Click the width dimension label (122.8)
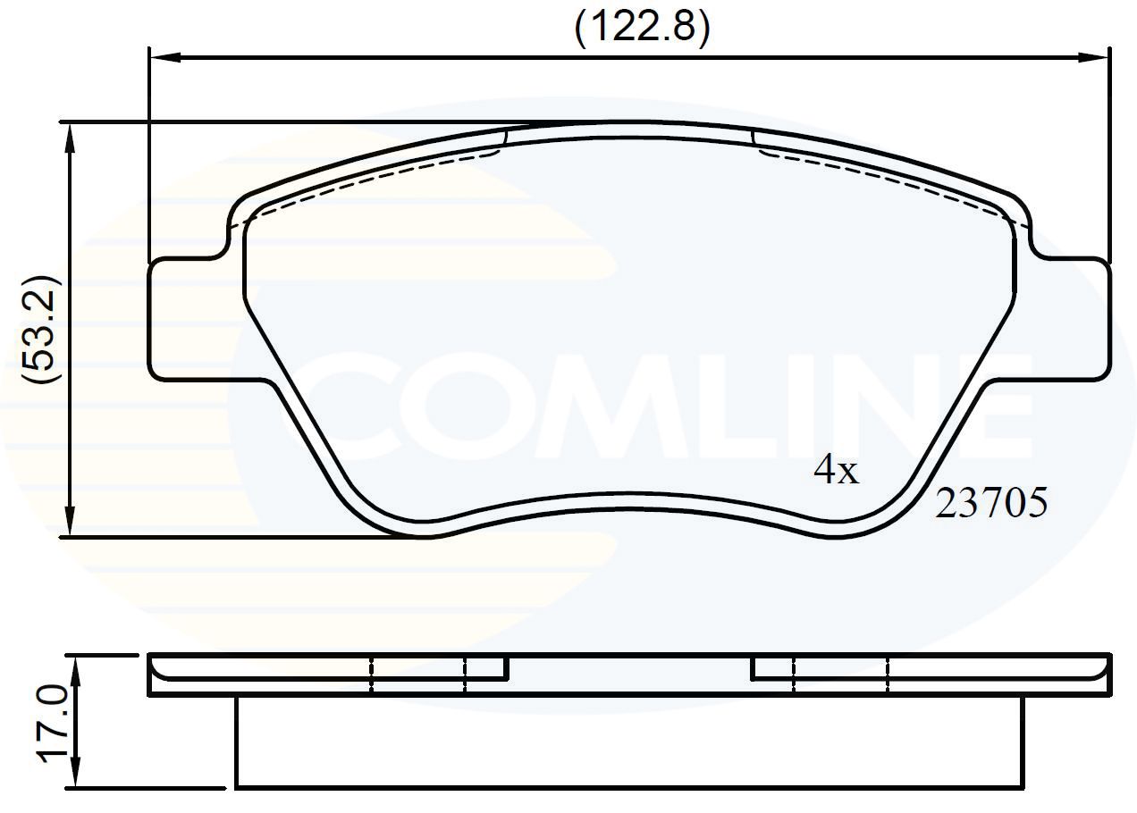[x=642, y=27]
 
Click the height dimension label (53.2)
[x=39, y=330]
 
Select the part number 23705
[x=991, y=503]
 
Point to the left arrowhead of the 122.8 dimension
[x=166, y=57]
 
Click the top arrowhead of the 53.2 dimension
[x=71, y=138]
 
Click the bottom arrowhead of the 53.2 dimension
[x=71, y=520]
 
